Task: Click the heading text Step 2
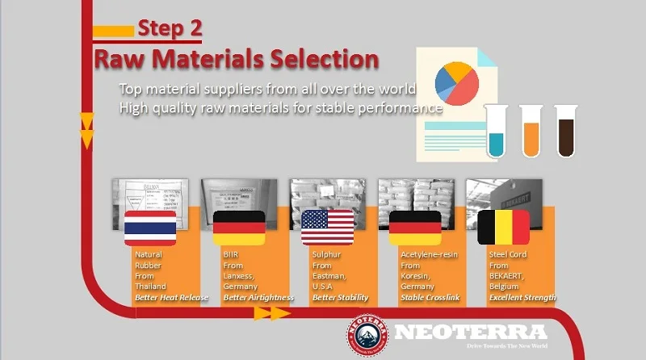(169, 28)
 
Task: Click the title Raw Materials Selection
(236, 59)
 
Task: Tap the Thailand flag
(150, 228)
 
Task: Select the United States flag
(327, 228)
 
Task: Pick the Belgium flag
(503, 228)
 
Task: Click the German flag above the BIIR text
(238, 228)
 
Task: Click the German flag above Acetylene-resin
(415, 228)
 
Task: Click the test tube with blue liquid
(496, 129)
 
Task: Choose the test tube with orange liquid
(531, 129)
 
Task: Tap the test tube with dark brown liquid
(565, 129)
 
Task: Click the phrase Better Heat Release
(171, 298)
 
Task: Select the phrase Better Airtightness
(258, 298)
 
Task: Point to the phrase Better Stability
(340, 298)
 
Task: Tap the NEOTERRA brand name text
(471, 332)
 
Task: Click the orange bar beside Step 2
(113, 31)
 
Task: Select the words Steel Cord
(505, 253)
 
